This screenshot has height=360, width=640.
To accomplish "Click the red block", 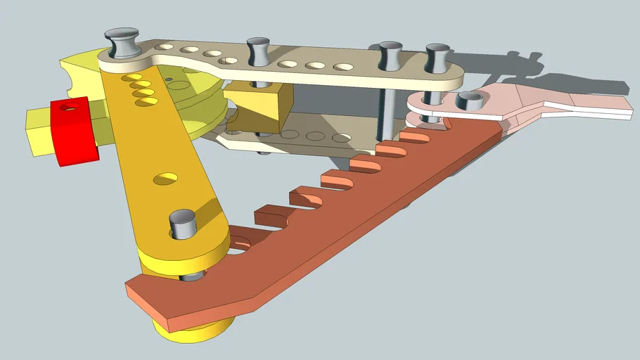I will coord(73,134).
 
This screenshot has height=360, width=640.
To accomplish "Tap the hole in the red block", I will coord(68,108).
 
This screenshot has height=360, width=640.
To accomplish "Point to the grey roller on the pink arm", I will coord(467,101).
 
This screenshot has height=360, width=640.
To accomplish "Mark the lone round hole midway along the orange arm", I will coord(165,179).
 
